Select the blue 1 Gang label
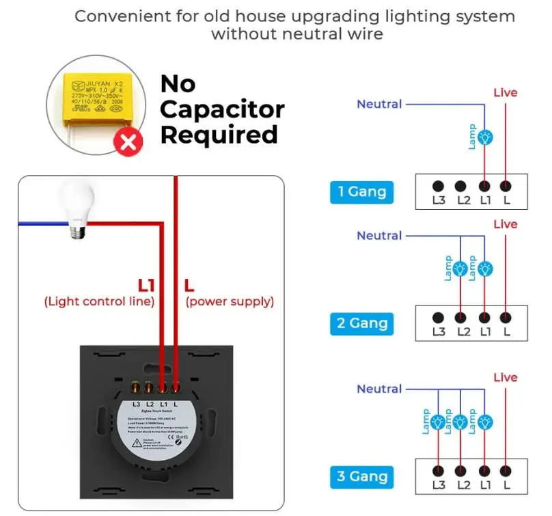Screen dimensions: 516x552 click(x=362, y=192)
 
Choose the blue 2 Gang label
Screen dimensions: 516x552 click(x=362, y=323)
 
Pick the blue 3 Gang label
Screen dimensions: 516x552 click(x=362, y=476)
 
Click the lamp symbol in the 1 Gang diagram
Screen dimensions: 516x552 click(x=484, y=137)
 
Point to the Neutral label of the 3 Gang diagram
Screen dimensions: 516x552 click(x=379, y=389)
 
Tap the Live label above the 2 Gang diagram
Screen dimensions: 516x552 click(x=506, y=224)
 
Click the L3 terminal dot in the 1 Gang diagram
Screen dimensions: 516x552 click(x=438, y=185)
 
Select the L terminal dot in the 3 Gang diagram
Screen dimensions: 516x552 click(x=506, y=470)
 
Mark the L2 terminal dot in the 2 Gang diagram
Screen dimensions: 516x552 click(x=461, y=317)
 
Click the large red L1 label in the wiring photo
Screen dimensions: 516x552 click(x=150, y=284)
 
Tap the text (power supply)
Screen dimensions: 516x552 click(x=230, y=301)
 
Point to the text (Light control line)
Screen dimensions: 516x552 click(x=99, y=301)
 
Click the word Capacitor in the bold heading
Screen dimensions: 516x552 click(x=221, y=109)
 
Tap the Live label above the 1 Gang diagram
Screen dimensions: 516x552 click(x=506, y=92)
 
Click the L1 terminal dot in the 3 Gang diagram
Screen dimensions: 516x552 click(x=484, y=470)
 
